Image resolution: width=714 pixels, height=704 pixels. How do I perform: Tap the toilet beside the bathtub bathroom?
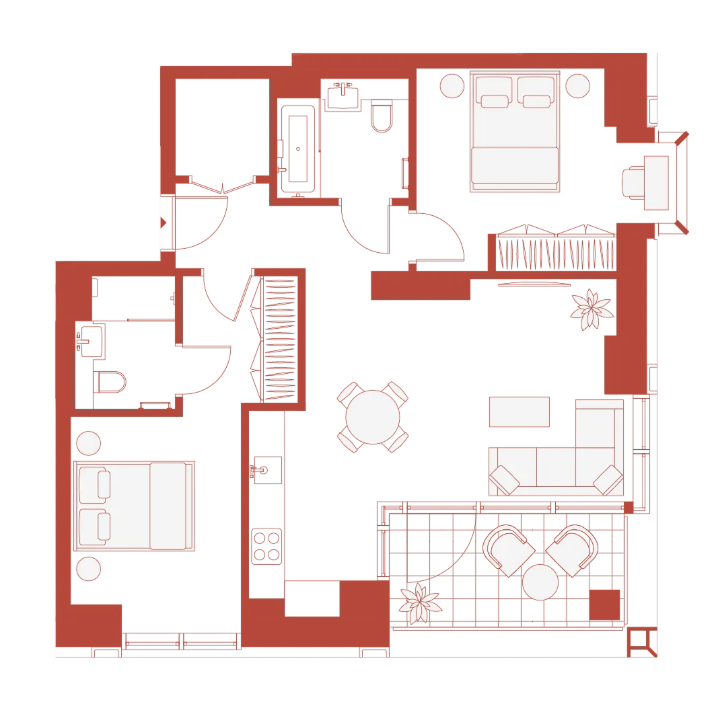(382, 116)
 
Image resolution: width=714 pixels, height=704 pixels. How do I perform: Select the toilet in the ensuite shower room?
(111, 382)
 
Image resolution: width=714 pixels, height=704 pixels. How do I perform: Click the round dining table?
(373, 417)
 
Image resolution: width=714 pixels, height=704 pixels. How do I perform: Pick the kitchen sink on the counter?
(266, 469)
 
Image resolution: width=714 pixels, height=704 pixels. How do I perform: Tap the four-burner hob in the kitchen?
(266, 546)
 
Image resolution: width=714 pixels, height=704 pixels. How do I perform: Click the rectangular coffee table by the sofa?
(519, 412)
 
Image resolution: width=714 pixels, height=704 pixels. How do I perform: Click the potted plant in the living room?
(590, 309)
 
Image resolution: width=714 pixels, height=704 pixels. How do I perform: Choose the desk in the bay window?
(656, 182)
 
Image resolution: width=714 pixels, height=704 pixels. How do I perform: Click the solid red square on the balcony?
(604, 604)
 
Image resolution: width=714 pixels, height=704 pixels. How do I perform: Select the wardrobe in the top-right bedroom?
(556, 253)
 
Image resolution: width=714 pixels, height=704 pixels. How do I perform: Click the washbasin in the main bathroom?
(347, 96)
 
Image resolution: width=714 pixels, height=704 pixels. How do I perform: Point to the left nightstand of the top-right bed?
(452, 85)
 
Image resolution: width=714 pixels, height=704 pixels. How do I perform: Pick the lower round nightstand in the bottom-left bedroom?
(89, 569)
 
